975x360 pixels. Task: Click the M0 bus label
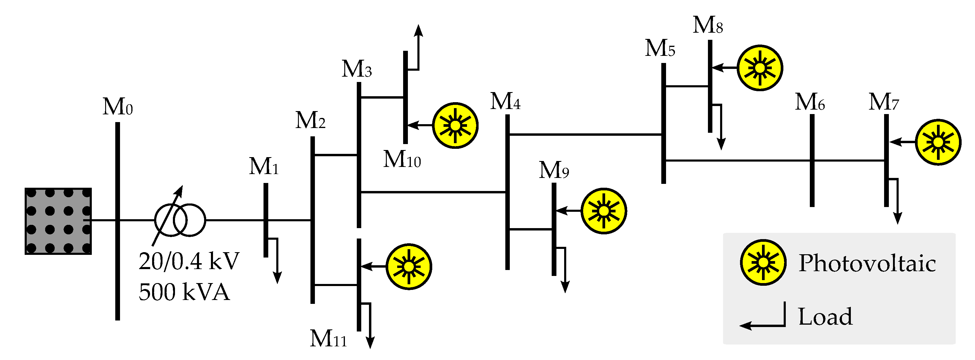click(117, 107)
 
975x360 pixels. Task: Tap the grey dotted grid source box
click(58, 221)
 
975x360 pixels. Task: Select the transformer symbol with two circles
click(180, 220)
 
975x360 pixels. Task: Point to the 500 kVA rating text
click(184, 292)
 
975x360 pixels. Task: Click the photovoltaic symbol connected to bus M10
click(455, 125)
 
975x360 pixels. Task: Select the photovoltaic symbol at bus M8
click(760, 68)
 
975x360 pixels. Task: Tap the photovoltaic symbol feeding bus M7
click(938, 142)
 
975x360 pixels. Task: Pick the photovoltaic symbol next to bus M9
click(604, 211)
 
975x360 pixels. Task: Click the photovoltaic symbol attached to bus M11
click(409, 266)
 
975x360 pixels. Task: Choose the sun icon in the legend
click(763, 262)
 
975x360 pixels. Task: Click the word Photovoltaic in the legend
click(867, 263)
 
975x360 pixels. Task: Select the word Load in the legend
click(825, 316)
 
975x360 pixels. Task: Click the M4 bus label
click(505, 102)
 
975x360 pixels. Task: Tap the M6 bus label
click(810, 102)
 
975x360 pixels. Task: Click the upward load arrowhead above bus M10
click(418, 30)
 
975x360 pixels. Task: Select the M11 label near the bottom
click(328, 338)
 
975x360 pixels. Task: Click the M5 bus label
click(660, 48)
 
